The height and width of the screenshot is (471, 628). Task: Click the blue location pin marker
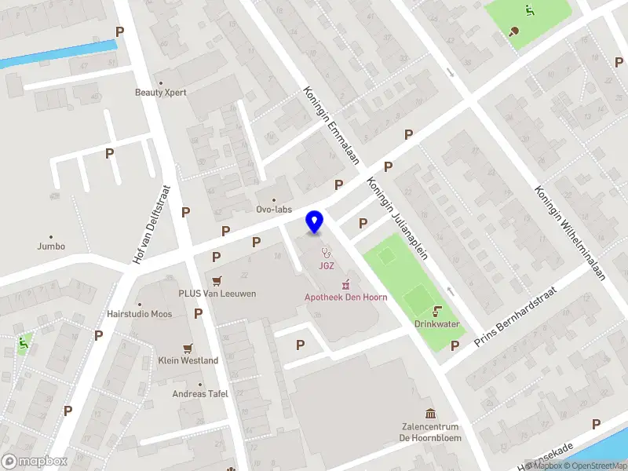click(315, 221)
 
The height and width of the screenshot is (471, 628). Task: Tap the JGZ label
click(327, 265)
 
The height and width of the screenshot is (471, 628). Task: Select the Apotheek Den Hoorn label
click(345, 297)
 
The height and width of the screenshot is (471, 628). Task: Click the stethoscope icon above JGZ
click(327, 252)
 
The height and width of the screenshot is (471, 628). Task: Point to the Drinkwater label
click(437, 324)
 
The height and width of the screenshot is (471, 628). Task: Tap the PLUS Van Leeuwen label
click(217, 294)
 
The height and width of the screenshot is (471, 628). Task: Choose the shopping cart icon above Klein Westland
click(187, 348)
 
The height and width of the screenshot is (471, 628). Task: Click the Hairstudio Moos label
click(139, 314)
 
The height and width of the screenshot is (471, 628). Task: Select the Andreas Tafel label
click(200, 393)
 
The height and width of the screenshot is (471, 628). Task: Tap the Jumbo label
click(51, 246)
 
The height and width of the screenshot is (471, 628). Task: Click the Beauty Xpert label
click(160, 92)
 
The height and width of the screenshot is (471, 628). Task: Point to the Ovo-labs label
click(274, 210)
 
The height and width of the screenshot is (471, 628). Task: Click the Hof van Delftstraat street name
click(152, 225)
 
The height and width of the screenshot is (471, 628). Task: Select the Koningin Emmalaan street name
click(331, 126)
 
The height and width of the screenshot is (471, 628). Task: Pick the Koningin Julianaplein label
click(391, 206)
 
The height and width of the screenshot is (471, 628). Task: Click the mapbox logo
click(35, 462)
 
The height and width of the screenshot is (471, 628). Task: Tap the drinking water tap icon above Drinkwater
click(437, 311)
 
